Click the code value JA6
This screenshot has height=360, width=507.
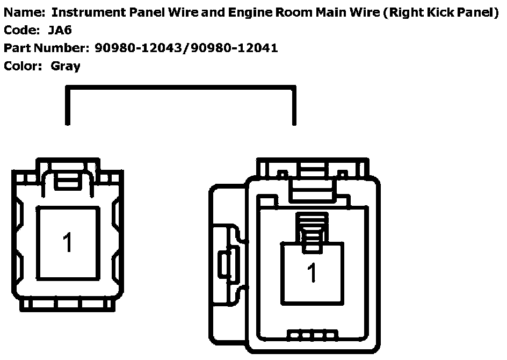point(60,30)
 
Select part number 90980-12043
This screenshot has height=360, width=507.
point(139,48)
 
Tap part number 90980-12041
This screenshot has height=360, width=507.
point(234,48)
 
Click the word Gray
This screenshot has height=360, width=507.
point(66,66)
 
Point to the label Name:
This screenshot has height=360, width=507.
point(25,12)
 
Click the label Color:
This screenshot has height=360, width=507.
point(23,66)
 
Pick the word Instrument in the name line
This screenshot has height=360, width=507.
point(89,12)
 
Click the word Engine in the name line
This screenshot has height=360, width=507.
point(250,13)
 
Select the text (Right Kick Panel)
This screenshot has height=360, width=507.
point(441,12)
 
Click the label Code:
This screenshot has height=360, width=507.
point(21,30)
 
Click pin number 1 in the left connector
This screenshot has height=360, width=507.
point(67,242)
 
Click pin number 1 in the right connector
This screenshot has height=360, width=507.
point(312,272)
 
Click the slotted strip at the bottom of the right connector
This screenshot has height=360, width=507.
point(313,335)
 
